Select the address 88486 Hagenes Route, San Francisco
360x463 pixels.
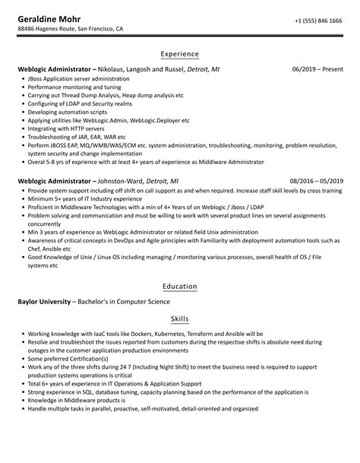[x=71, y=30]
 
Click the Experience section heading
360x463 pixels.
[x=180, y=55]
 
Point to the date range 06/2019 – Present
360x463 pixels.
[x=317, y=69]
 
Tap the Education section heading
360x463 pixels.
[x=180, y=286]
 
